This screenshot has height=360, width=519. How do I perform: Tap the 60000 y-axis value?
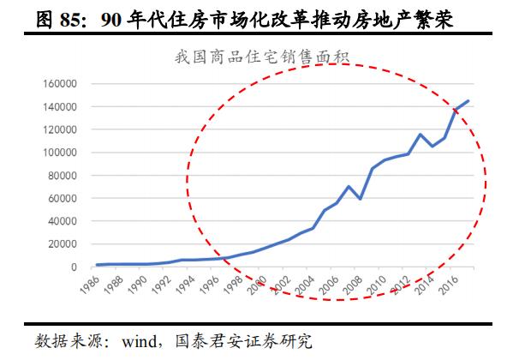(x=64, y=198)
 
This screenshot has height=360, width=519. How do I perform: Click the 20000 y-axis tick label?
(x=64, y=244)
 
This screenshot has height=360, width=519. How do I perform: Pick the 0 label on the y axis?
(x=76, y=267)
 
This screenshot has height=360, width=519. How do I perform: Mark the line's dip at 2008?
(x=361, y=199)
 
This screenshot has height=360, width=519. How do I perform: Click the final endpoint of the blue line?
(x=468, y=101)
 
